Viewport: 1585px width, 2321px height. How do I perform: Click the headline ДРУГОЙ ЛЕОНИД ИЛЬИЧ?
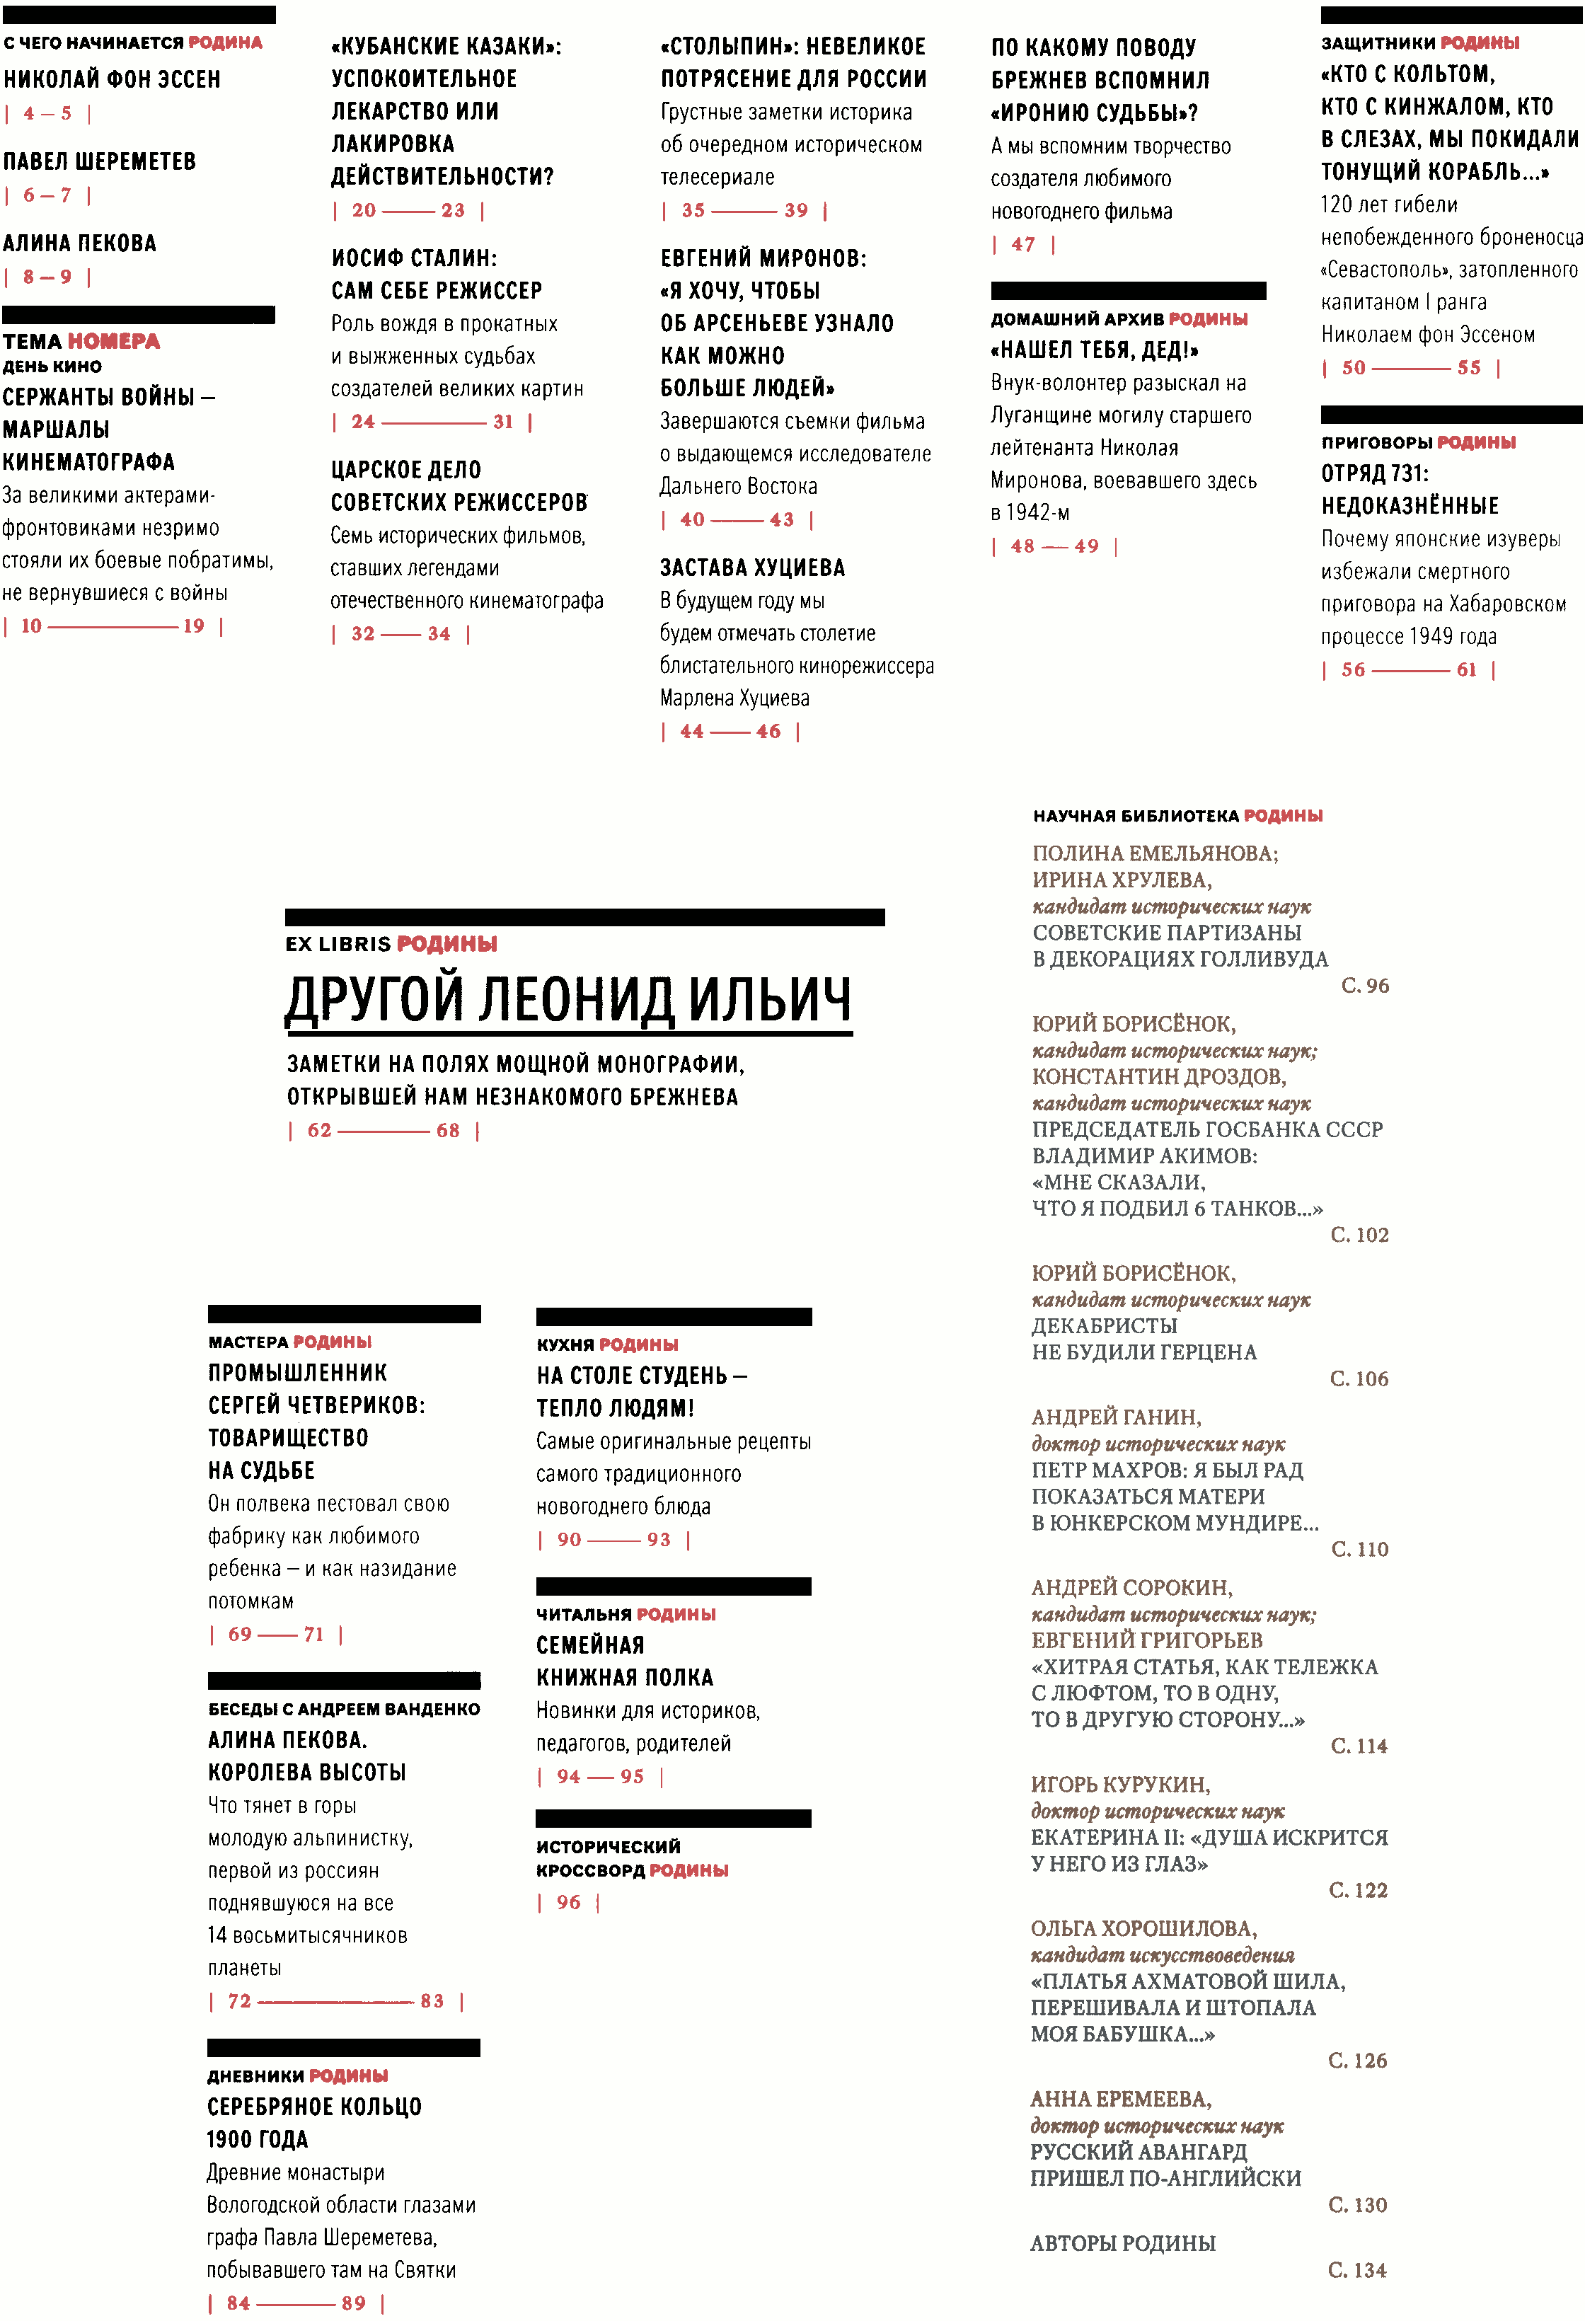(x=568, y=1000)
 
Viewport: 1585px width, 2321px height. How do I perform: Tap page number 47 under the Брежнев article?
(x=1022, y=245)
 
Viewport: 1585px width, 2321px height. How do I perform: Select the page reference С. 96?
(x=1364, y=986)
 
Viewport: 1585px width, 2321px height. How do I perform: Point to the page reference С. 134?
(x=1356, y=2270)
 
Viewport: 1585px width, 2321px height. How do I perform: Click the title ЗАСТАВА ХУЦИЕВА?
(x=752, y=568)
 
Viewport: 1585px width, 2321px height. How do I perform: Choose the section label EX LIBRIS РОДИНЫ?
(x=391, y=944)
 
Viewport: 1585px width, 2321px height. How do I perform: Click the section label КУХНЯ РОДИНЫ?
(x=607, y=1344)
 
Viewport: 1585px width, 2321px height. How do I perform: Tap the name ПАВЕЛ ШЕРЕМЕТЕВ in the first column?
(x=99, y=162)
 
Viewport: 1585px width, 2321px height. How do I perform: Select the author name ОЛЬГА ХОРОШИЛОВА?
(x=1143, y=1928)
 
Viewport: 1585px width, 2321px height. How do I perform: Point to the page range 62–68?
(x=384, y=1131)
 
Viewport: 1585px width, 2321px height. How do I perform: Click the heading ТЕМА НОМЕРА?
(x=81, y=342)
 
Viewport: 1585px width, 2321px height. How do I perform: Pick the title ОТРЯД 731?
(x=1374, y=473)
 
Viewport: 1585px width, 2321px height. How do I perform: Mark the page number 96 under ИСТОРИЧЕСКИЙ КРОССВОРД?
(x=568, y=1903)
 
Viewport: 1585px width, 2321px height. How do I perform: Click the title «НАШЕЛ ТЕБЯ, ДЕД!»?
(x=1094, y=350)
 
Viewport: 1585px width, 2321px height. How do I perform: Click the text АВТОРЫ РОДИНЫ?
(x=1122, y=2243)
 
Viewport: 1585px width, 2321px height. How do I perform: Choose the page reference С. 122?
(x=1357, y=1889)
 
